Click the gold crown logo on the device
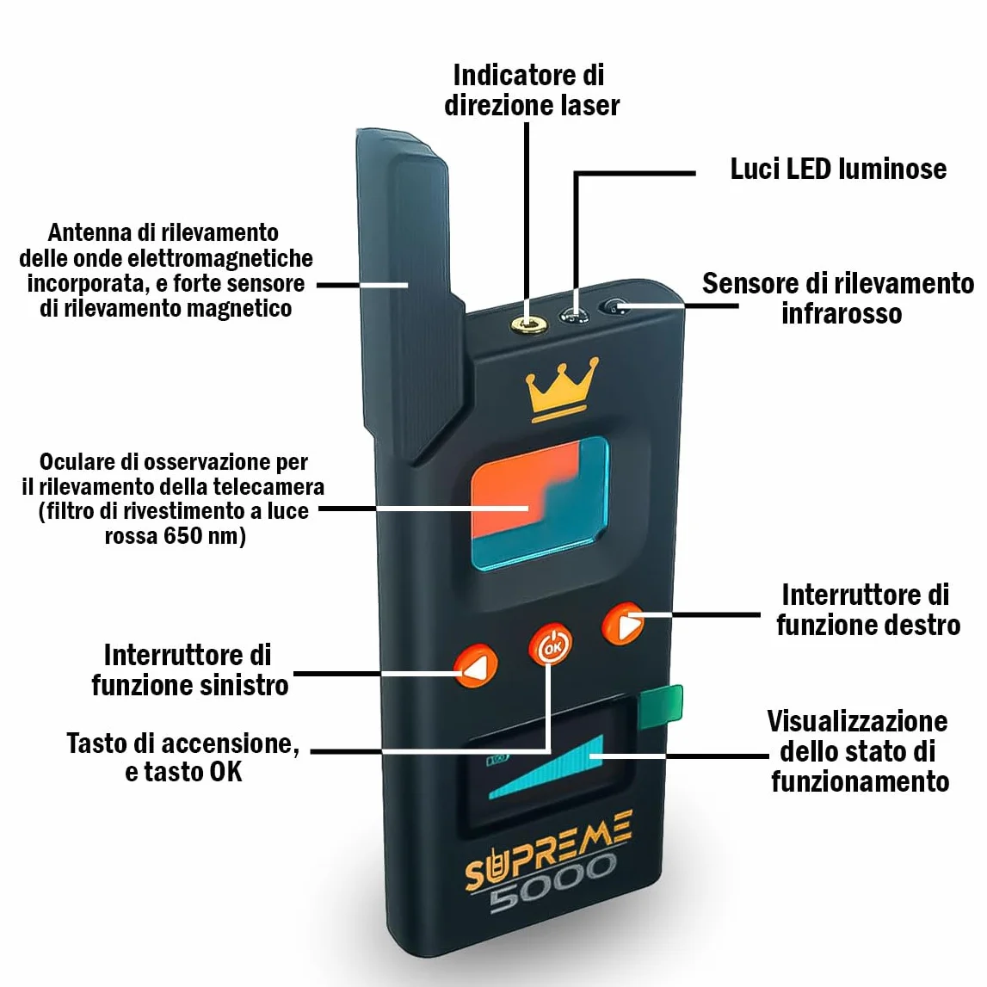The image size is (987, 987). pyautogui.click(x=562, y=389)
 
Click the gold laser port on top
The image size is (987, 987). pyautogui.click(x=528, y=324)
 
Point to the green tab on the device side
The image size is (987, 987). pyautogui.click(x=660, y=706)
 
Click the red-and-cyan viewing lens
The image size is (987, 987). pyautogui.click(x=540, y=503)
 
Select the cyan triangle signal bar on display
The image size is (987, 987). pyautogui.click(x=546, y=768)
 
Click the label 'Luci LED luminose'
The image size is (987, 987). pyautogui.click(x=838, y=169)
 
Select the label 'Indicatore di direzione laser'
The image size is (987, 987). pyautogui.click(x=532, y=90)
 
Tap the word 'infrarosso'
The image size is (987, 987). pyautogui.click(x=842, y=313)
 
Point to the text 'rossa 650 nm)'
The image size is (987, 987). pyautogui.click(x=175, y=536)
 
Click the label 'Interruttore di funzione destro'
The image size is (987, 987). pyautogui.click(x=868, y=610)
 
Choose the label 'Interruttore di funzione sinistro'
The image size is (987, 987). pyautogui.click(x=189, y=669)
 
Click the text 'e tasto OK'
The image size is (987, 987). pyautogui.click(x=183, y=772)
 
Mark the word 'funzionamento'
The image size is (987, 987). pyautogui.click(x=860, y=782)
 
